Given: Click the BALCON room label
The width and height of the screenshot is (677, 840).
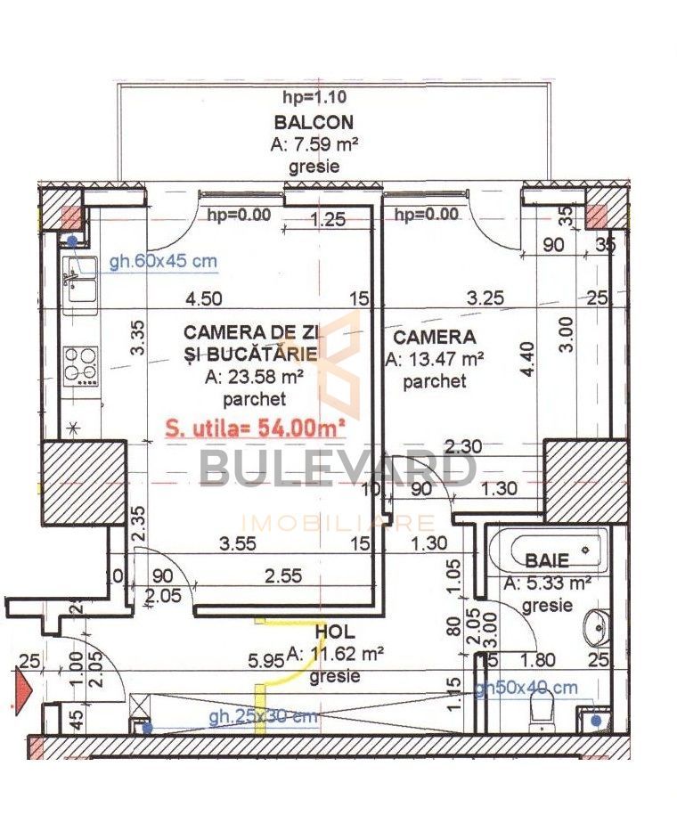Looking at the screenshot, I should (x=314, y=123).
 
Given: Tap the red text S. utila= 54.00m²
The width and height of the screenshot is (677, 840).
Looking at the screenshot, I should (x=256, y=427).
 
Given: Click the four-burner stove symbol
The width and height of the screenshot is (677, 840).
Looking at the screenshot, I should (x=81, y=363).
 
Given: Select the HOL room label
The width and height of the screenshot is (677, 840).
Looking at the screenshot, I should (x=334, y=632).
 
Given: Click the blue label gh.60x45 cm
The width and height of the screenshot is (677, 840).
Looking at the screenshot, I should (x=163, y=262).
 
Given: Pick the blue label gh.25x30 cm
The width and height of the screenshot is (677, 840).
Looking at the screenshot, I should (x=263, y=717).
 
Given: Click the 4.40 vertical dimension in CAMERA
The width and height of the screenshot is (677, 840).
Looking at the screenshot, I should (x=530, y=362).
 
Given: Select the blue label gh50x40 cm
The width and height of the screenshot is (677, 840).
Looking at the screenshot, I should (x=525, y=689).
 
